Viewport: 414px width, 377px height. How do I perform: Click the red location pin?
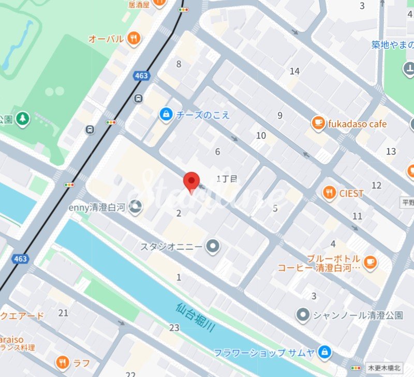pyautogui.click(x=192, y=181)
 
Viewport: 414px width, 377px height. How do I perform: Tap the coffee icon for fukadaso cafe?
pyautogui.click(x=318, y=123)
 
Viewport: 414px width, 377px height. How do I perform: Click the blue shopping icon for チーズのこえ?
pyautogui.click(x=166, y=113)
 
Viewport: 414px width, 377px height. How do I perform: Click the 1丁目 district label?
pyautogui.click(x=226, y=179)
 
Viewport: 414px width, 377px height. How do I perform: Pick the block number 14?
pyautogui.click(x=295, y=71)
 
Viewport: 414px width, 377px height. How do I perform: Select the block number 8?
pyautogui.click(x=179, y=64)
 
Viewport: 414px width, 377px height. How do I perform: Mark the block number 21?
pyautogui.click(x=64, y=313)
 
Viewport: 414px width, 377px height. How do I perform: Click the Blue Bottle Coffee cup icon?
pyautogui.click(x=369, y=263)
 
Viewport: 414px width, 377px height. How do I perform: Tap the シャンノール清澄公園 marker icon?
pyautogui.click(x=303, y=315)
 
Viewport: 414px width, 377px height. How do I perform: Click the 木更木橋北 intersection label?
pyautogui.click(x=383, y=367)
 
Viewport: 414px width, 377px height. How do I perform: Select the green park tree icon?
pyautogui.click(x=22, y=119)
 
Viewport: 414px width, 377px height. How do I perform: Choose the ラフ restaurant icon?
pyautogui.click(x=63, y=362)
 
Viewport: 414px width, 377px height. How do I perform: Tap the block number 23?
pyautogui.click(x=174, y=327)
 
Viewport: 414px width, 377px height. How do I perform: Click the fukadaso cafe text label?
pyautogui.click(x=357, y=124)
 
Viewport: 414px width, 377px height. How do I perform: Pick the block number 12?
pyautogui.click(x=376, y=185)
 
